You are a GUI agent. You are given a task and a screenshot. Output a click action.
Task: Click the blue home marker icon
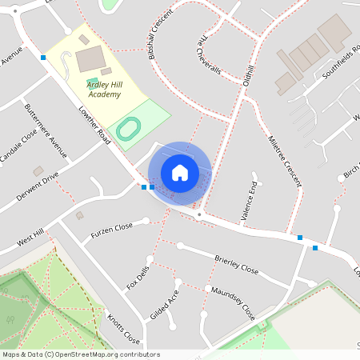pos(179,173)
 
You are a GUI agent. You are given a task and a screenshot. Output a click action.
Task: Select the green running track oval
pos(127,128)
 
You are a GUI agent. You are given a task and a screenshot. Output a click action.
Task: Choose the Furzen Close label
pos(111,230)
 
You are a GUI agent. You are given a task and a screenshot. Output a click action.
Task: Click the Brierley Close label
pos(237,265)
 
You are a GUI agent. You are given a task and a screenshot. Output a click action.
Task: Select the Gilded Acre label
pos(165,304)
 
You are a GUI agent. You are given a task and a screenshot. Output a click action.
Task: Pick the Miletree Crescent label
pos(285,160)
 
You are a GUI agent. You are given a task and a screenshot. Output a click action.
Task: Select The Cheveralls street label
pos(209,54)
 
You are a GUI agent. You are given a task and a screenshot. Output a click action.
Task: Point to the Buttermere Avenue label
pos(46,126)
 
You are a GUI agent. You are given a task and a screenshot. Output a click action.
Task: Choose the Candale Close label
pos(18,147)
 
